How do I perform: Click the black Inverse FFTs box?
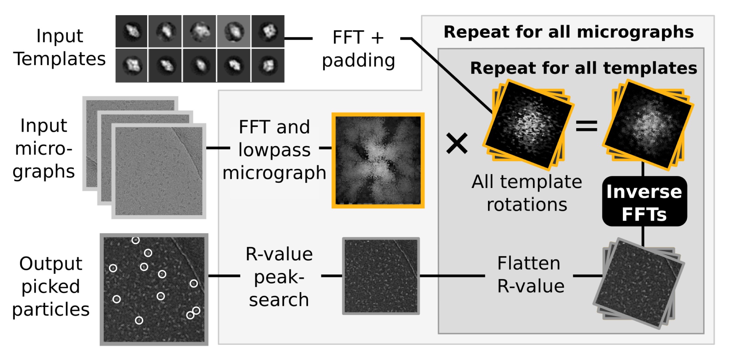pyautogui.click(x=644, y=202)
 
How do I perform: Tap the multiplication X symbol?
pyautogui.click(x=457, y=144)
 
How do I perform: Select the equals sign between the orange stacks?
pyautogui.click(x=586, y=126)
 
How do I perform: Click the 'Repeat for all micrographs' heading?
pyautogui.click(x=569, y=32)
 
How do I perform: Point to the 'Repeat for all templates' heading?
pyautogui.click(x=583, y=68)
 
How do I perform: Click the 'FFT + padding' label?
pyautogui.click(x=358, y=49)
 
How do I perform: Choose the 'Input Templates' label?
pyautogui.click(x=59, y=47)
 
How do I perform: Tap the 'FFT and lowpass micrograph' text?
pyautogui.click(x=274, y=150)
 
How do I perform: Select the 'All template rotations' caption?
pyautogui.click(x=527, y=193)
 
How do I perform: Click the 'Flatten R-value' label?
pyautogui.click(x=530, y=275)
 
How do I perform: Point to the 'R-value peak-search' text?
pyautogui.click(x=279, y=277)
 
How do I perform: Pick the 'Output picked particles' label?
pyautogui.click(x=51, y=287)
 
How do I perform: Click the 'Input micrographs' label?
pyautogui.click(x=44, y=149)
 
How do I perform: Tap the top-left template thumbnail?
pyautogui.click(x=132, y=31)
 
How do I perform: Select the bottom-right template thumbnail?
pyautogui.click(x=268, y=66)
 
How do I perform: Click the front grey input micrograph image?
pyautogui.click(x=159, y=171)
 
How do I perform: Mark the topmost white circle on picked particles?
pyautogui.click(x=135, y=240)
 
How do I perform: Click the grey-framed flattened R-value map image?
pyautogui.click(x=381, y=276)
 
